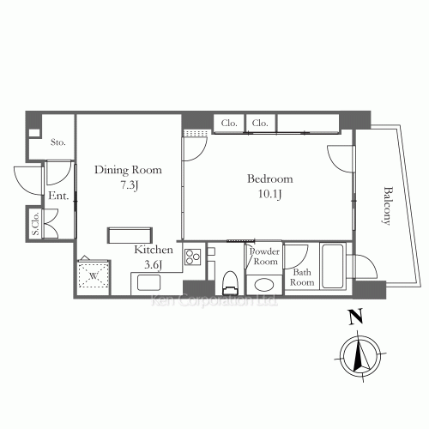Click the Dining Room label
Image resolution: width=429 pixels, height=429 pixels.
(x=127, y=170)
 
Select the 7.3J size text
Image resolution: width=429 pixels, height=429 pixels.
(x=128, y=184)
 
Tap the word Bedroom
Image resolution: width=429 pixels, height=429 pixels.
(x=269, y=178)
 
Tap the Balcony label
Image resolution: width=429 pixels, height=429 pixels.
(x=387, y=206)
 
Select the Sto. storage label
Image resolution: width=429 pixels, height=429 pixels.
(x=58, y=142)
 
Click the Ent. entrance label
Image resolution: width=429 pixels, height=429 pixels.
(x=58, y=196)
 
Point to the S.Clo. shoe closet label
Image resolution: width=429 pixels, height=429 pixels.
(x=36, y=225)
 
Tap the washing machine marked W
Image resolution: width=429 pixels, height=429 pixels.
(x=94, y=276)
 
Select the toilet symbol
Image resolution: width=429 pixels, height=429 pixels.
(x=229, y=281)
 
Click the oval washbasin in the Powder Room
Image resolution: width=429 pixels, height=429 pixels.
(x=263, y=284)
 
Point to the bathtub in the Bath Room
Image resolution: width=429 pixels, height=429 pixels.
(x=333, y=266)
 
